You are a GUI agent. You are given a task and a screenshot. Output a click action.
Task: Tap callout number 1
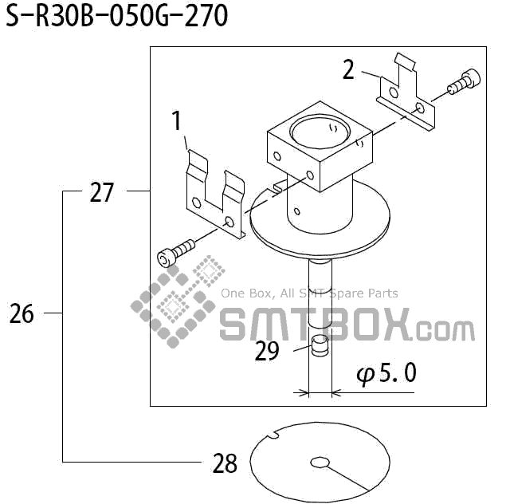(x=177, y=122)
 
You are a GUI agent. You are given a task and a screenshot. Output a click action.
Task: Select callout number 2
(x=348, y=70)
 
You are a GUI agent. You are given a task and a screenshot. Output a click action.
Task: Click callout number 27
(x=101, y=192)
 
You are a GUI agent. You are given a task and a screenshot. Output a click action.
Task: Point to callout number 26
(x=22, y=314)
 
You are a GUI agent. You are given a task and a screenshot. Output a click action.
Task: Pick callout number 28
(x=226, y=463)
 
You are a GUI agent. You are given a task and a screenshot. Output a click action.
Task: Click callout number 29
(x=267, y=351)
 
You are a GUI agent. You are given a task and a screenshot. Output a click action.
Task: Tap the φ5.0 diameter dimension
(x=386, y=373)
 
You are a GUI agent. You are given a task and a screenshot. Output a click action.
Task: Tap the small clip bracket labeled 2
(x=406, y=94)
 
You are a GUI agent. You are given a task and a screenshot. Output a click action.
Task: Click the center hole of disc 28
(x=320, y=463)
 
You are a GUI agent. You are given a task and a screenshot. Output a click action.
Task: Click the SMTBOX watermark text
(x=347, y=326)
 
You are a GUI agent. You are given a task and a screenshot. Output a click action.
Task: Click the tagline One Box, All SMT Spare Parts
(x=309, y=293)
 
